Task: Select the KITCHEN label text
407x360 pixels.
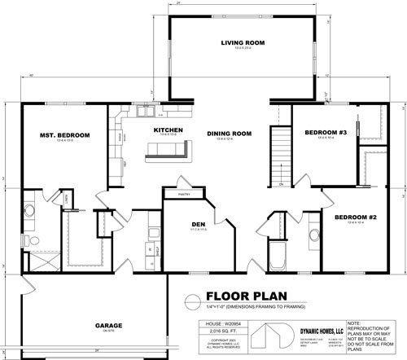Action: point(168,130)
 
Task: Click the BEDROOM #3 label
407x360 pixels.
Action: point(326,132)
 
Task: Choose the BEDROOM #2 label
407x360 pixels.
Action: point(355,216)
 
